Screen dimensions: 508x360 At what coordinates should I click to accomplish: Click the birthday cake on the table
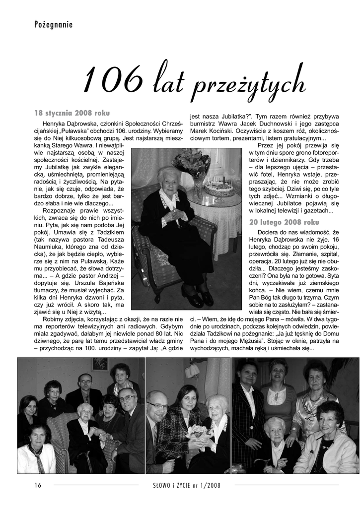(218, 188)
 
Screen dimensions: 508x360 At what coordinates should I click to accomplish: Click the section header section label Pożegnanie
(54, 24)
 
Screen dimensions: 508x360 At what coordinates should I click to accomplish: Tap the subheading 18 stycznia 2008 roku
(72, 113)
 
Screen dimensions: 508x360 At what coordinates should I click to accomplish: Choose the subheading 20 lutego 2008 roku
(285, 222)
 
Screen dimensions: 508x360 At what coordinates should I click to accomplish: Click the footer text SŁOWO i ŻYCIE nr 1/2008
(188, 485)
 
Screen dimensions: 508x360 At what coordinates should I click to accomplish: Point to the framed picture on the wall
(99, 364)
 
